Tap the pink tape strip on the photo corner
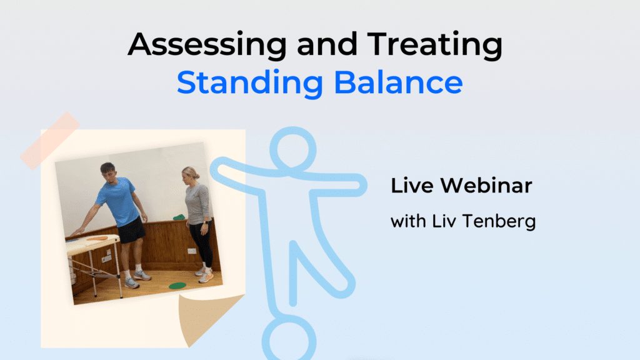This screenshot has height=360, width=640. click(49, 141)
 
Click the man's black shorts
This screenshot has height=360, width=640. click(132, 231)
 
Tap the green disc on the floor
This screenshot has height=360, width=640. click(177, 286)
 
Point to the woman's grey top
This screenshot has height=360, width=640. click(198, 203)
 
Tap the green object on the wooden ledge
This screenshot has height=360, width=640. click(179, 217)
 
